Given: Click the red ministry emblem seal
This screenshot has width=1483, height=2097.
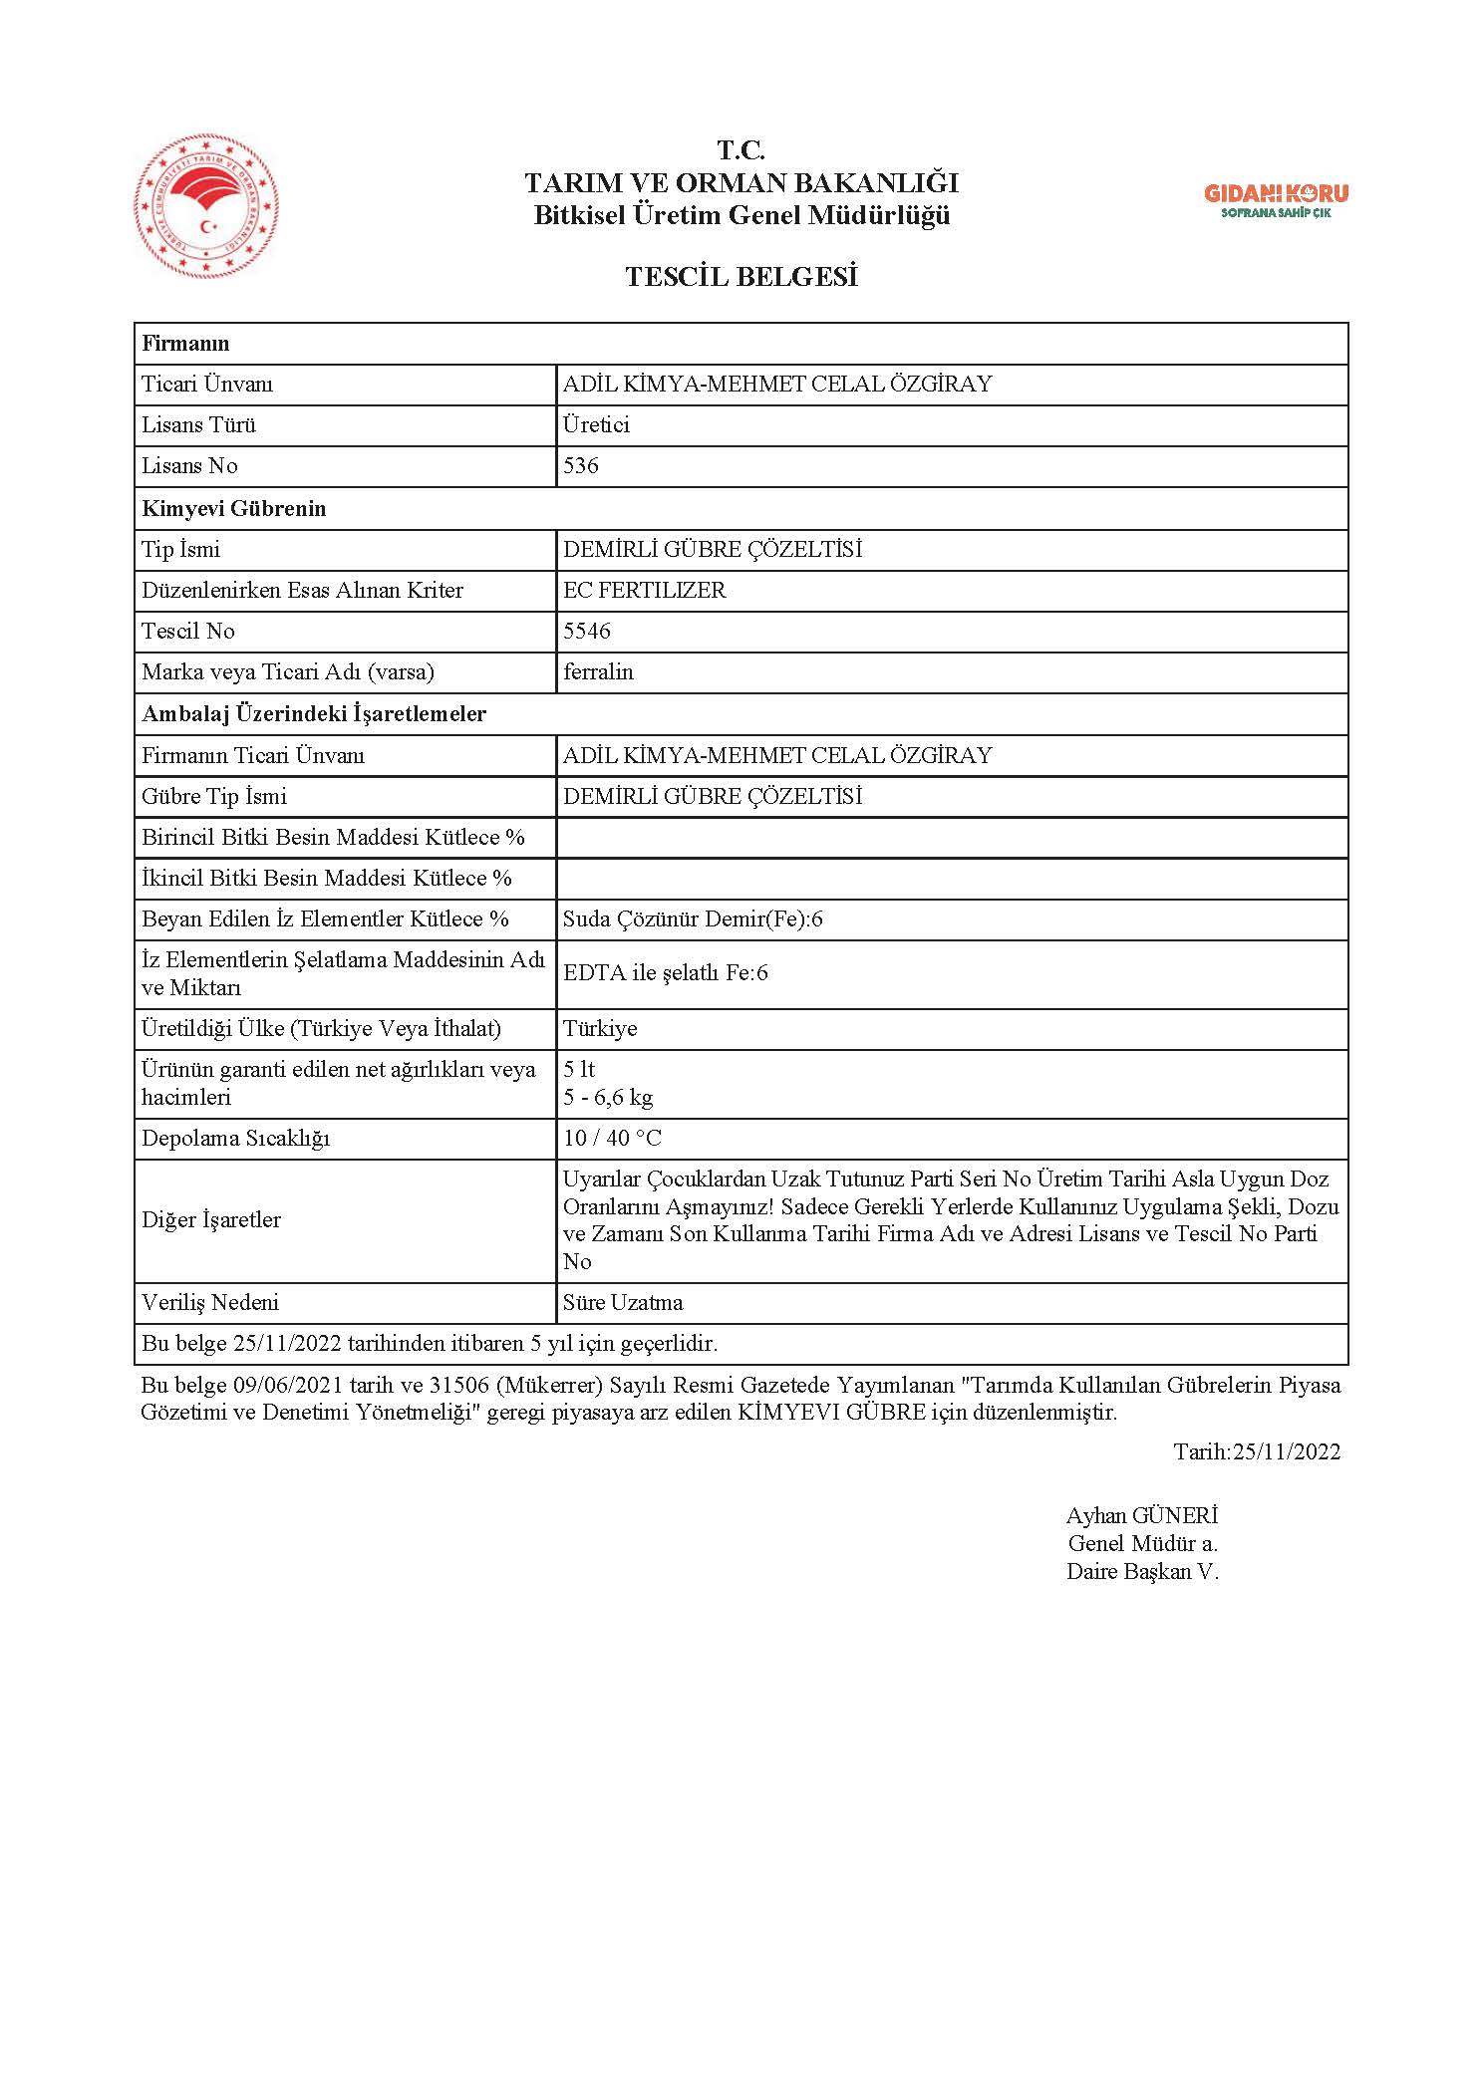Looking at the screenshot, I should [x=206, y=207].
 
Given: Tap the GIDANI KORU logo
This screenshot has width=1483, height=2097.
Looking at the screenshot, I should [x=1276, y=199].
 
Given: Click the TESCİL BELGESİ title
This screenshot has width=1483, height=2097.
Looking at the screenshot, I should [x=741, y=277].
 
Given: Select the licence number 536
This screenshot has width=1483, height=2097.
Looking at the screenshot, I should [x=580, y=466].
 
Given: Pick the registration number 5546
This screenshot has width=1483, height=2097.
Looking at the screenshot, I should [x=586, y=631].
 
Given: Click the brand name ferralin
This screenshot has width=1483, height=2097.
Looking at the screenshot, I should [x=598, y=672].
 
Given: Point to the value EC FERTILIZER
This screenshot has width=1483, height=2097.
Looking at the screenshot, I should [x=644, y=590].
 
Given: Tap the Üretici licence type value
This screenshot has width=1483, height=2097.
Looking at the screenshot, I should [x=596, y=425].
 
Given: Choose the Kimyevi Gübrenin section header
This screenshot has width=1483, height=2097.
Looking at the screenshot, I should [x=234, y=508].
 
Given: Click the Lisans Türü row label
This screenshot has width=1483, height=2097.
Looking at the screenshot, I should [x=198, y=425].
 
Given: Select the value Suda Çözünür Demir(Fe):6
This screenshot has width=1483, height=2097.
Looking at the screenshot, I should [x=693, y=919].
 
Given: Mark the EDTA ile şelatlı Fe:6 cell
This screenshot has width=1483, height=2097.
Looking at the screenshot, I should [x=665, y=973].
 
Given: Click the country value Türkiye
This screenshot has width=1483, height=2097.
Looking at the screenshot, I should [x=599, y=1029].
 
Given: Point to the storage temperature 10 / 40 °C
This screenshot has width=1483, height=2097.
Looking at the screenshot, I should [x=612, y=1139].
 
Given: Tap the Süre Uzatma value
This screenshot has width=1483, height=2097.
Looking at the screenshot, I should [x=623, y=1303].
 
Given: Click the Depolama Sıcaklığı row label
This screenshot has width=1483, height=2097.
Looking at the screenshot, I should [x=235, y=1139].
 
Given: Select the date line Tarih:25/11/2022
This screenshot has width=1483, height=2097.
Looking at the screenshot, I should [x=1256, y=1451].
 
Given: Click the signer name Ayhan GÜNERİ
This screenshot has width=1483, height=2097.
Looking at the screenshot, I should [x=1141, y=1516].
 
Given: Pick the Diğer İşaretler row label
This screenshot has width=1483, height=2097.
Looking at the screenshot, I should [x=211, y=1220].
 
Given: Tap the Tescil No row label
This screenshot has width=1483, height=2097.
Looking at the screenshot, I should [x=188, y=631].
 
